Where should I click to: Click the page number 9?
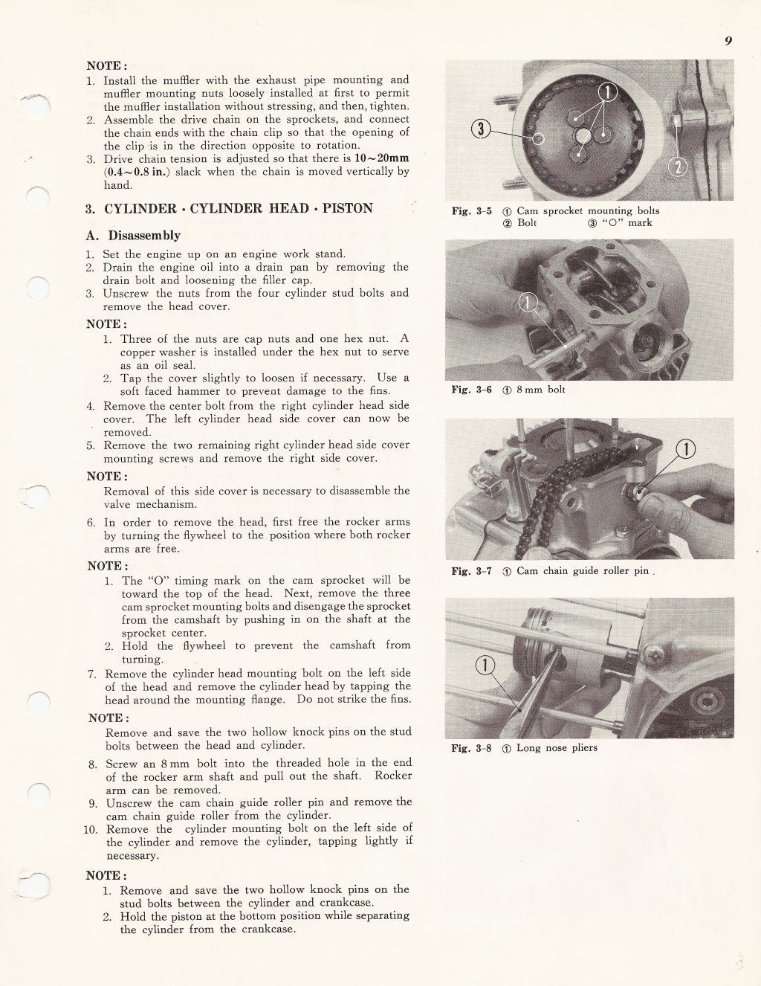coord(729,42)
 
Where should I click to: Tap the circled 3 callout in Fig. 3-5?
coord(482,130)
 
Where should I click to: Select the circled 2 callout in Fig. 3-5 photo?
coord(678,168)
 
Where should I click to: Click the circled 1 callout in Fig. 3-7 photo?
coord(685,448)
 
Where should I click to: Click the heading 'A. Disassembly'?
coord(134,236)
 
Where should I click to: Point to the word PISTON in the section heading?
coord(348,208)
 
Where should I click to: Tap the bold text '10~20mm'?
coord(381,158)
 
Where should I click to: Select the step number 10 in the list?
coord(91,829)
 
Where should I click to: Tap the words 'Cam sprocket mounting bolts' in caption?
coord(588,211)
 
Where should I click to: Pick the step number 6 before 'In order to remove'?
coord(91,522)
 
